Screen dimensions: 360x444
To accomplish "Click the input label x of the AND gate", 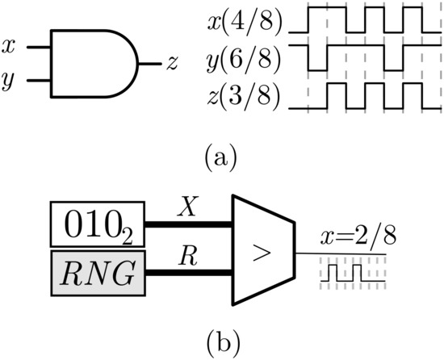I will click(x=9, y=48).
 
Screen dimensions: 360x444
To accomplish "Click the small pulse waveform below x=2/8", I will click(x=350, y=273).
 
